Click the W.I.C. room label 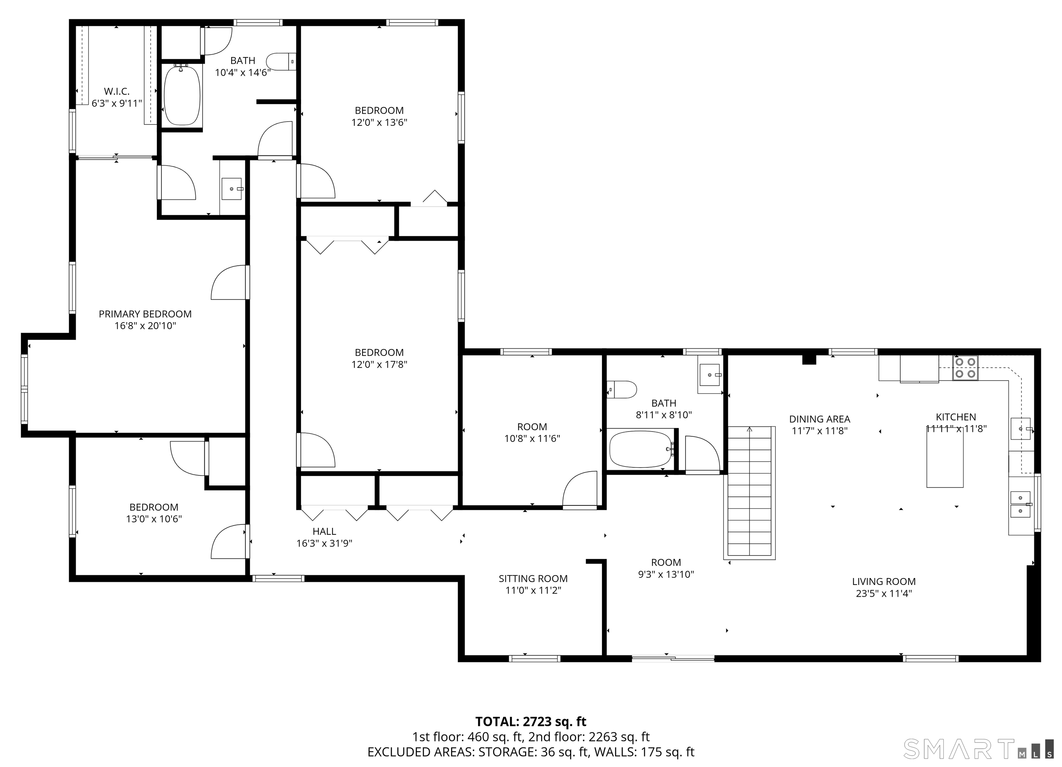pyautogui.click(x=117, y=91)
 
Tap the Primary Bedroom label pyautogui.click(x=145, y=314)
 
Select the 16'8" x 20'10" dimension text pyautogui.click(x=145, y=326)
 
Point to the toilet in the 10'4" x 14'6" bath pyautogui.click(x=281, y=61)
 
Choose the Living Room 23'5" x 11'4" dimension pyautogui.click(x=884, y=593)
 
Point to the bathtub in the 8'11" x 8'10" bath pyautogui.click(x=641, y=449)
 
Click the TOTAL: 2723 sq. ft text pyautogui.click(x=531, y=722)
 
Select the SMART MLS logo pyautogui.click(x=977, y=749)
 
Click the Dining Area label pyautogui.click(x=819, y=419)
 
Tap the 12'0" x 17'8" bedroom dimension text pyautogui.click(x=379, y=364)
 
